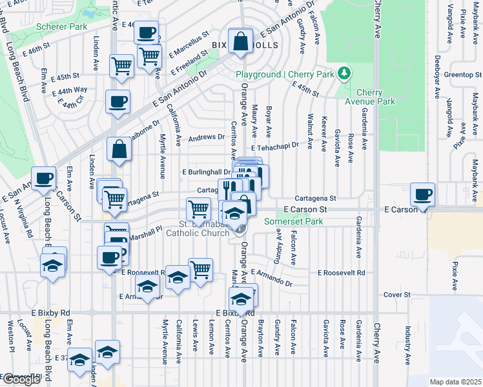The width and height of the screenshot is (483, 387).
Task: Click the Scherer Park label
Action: click(x=61, y=28)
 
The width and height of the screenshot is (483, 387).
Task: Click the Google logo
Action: click(x=21, y=379)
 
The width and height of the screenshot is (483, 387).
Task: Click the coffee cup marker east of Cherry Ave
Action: click(x=423, y=195)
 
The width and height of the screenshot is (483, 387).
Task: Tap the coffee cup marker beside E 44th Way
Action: click(x=118, y=102)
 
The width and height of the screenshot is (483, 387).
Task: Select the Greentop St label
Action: click(x=460, y=75)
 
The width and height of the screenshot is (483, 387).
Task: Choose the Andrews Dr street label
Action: click(x=206, y=138)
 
